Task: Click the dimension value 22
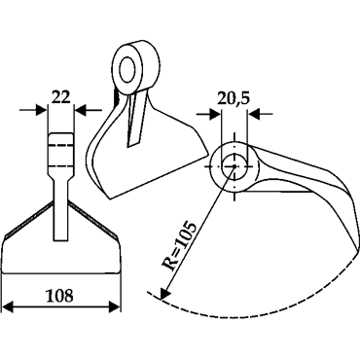click(x=61, y=96)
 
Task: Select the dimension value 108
click(x=59, y=296)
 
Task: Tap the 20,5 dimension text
click(x=234, y=99)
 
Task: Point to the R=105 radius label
click(x=179, y=247)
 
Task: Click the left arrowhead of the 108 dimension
click(x=8, y=306)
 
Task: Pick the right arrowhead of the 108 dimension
click(x=115, y=306)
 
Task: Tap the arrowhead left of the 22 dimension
click(x=42, y=110)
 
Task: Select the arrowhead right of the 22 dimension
click(x=81, y=110)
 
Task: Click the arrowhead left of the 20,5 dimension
click(x=214, y=114)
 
